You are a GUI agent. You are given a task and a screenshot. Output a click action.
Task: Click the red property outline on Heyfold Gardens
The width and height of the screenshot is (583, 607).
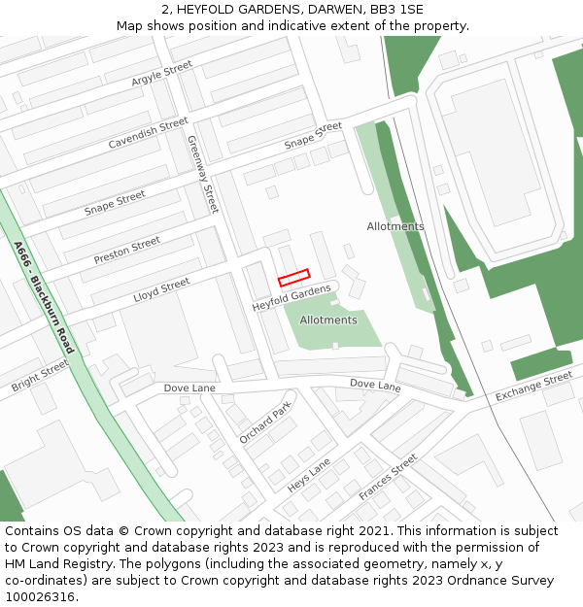[293, 278]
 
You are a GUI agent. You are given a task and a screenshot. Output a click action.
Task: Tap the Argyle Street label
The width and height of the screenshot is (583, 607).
[162, 74]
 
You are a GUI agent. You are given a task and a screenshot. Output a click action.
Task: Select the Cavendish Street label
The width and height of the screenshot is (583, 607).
[148, 133]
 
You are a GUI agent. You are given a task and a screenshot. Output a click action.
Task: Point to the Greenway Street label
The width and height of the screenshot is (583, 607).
[203, 174]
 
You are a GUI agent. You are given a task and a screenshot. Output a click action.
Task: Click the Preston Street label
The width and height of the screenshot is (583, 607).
[126, 250]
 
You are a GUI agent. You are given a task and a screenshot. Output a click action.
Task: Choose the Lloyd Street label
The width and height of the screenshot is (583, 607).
[161, 289]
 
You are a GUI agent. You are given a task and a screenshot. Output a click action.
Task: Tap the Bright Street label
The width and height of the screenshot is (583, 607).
[41, 375]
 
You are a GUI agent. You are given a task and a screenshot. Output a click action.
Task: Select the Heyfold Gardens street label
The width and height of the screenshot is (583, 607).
[291, 297]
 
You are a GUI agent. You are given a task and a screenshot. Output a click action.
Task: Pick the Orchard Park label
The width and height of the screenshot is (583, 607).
[265, 423]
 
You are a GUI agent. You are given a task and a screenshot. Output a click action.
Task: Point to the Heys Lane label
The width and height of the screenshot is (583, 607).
[309, 475]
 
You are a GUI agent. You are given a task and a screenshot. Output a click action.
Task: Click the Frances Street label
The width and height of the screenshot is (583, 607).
[388, 477]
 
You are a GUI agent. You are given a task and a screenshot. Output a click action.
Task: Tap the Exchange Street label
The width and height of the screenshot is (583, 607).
[533, 387]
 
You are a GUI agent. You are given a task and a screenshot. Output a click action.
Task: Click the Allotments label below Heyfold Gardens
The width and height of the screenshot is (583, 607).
[328, 320]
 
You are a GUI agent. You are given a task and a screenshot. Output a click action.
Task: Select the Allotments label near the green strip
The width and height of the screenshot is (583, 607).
[395, 226]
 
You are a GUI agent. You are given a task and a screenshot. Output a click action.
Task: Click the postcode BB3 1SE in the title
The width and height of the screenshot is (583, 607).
[396, 9]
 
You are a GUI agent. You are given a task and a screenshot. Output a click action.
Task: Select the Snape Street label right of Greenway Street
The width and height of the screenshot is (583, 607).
[313, 135]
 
